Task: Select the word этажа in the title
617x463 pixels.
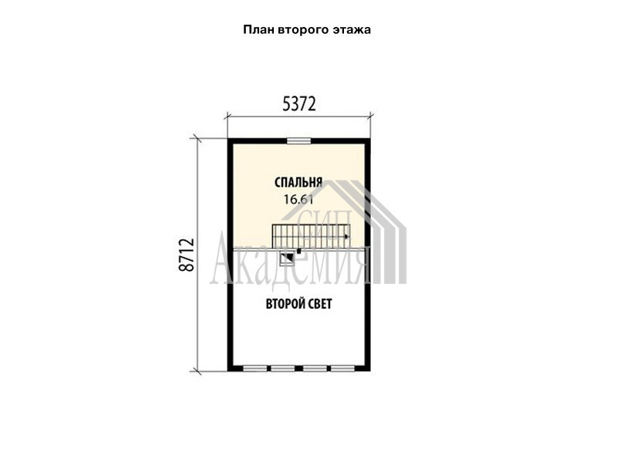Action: tap(352, 30)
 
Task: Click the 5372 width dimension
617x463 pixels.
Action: tap(299, 104)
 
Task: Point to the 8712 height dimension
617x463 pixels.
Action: tap(187, 255)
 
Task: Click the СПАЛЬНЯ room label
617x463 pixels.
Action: tap(298, 182)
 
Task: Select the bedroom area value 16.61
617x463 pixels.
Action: tap(298, 200)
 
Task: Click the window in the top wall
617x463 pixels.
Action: tap(298, 140)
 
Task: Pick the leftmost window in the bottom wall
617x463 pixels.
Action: tap(255, 369)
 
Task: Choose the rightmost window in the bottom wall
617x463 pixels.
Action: tap(342, 369)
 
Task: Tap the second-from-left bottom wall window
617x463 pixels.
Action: tap(283, 369)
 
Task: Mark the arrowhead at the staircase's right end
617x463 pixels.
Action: tap(346, 237)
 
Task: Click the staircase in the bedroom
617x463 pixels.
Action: tap(312, 236)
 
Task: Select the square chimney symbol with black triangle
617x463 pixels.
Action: tap(287, 259)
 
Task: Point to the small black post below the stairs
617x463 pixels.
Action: tap(299, 251)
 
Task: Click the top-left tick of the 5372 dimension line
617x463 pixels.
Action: tap(228, 116)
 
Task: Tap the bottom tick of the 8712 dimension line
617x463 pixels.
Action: tap(196, 370)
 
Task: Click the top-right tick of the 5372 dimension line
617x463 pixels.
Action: tap(370, 116)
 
